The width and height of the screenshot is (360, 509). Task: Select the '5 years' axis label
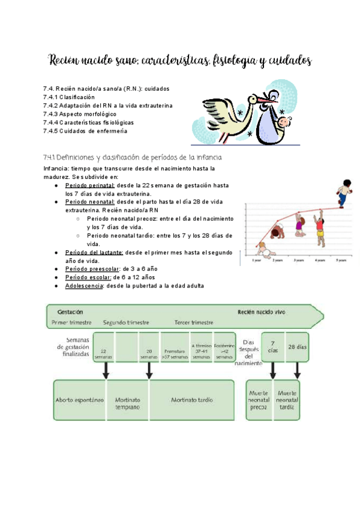(341, 261)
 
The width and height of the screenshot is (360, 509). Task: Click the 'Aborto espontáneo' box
(79, 399)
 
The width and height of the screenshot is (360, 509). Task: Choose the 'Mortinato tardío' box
(191, 399)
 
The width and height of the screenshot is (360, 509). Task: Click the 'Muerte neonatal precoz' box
(259, 399)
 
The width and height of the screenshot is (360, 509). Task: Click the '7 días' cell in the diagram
(273, 347)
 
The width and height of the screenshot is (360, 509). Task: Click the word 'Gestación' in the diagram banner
(70, 312)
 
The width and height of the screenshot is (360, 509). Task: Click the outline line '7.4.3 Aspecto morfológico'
(80, 113)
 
